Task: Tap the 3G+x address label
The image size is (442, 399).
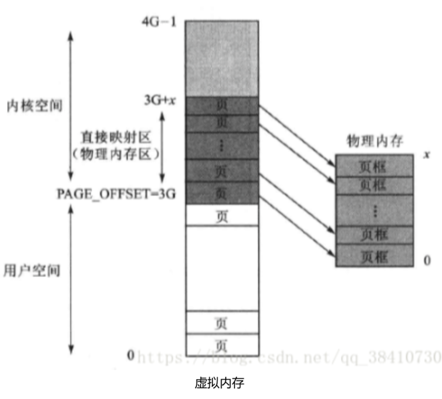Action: click(x=160, y=100)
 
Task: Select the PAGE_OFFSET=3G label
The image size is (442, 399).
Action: click(x=116, y=194)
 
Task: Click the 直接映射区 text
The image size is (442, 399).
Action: click(x=116, y=137)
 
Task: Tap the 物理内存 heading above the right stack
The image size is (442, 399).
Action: click(x=375, y=141)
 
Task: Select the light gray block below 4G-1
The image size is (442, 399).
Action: click(x=222, y=58)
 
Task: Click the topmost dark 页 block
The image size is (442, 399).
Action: click(x=222, y=105)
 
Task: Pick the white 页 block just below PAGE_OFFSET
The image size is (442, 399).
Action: click(x=222, y=216)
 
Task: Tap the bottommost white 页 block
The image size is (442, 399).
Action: click(x=222, y=346)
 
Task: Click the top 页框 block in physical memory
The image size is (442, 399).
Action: click(x=374, y=166)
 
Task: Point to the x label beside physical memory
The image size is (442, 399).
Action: click(x=427, y=155)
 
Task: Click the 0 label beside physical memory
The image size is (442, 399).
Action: click(x=427, y=260)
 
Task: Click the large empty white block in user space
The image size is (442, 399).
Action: click(x=222, y=268)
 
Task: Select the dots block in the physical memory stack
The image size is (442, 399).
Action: click(x=374, y=210)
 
